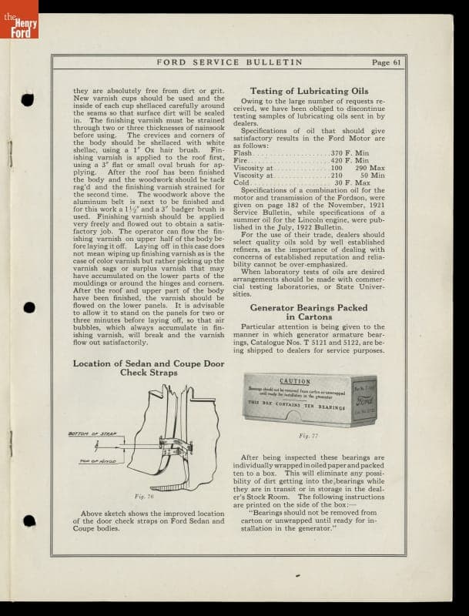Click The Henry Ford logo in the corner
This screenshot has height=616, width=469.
point(19,20)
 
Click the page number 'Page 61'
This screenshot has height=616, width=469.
point(386,62)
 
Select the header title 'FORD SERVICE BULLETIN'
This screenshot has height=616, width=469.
point(229,62)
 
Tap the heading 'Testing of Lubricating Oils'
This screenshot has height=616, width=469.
point(310,91)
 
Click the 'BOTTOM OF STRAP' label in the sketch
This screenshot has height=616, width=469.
point(92,434)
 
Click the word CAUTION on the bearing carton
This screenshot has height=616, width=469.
point(295,381)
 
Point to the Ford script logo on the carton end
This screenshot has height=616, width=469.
point(364,402)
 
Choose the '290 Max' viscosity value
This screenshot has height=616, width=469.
point(370,168)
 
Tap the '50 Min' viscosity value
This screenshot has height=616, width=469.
point(372,176)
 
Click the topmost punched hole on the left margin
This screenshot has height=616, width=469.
point(28,99)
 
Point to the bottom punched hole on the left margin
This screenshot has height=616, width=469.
point(28,521)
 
